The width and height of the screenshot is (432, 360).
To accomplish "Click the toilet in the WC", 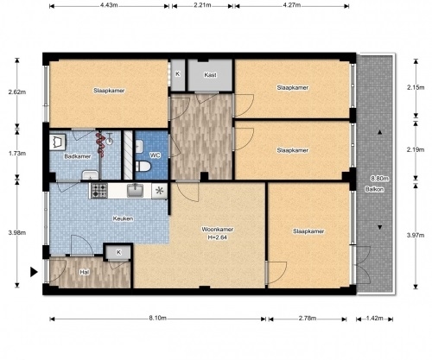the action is [x=143, y=167].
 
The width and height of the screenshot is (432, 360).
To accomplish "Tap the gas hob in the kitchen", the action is [x=99, y=191].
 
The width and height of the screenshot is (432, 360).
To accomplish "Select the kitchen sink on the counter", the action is [x=135, y=191].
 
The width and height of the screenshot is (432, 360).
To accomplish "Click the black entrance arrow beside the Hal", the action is [x=34, y=272].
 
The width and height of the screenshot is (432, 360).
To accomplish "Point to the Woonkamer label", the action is [x=218, y=230].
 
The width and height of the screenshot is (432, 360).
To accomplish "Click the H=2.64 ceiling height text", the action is [x=218, y=237].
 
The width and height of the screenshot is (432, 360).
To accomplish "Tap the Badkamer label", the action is [x=78, y=156].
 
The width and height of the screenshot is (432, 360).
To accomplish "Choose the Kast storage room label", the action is [x=210, y=75].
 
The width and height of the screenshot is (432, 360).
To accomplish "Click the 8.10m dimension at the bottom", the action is [x=157, y=318].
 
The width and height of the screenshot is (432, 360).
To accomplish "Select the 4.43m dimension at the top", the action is [x=109, y=5].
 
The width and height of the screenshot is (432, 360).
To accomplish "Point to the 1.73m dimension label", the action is [x=17, y=154].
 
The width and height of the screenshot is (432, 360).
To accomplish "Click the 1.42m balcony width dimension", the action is [x=375, y=318].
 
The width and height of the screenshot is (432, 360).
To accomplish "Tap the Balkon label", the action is [x=374, y=189].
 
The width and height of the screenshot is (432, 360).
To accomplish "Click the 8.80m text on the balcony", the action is [x=379, y=179].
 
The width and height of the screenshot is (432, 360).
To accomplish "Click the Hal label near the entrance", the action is [x=84, y=272].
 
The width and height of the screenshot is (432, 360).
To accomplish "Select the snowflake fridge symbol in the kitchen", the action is [x=159, y=191].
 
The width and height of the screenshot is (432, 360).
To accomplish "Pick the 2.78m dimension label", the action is [x=308, y=318].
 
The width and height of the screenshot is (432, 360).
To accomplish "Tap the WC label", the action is [x=155, y=155].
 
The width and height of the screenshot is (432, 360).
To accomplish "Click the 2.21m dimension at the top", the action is [x=202, y=5].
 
